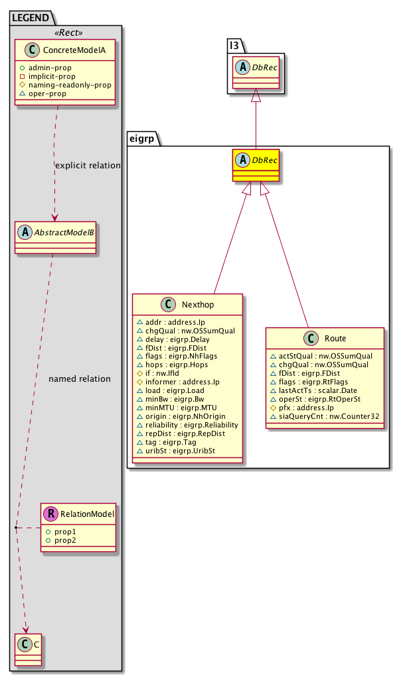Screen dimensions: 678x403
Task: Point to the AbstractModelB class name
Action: [x=62, y=232]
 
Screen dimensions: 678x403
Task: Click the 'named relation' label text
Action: [x=80, y=378]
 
